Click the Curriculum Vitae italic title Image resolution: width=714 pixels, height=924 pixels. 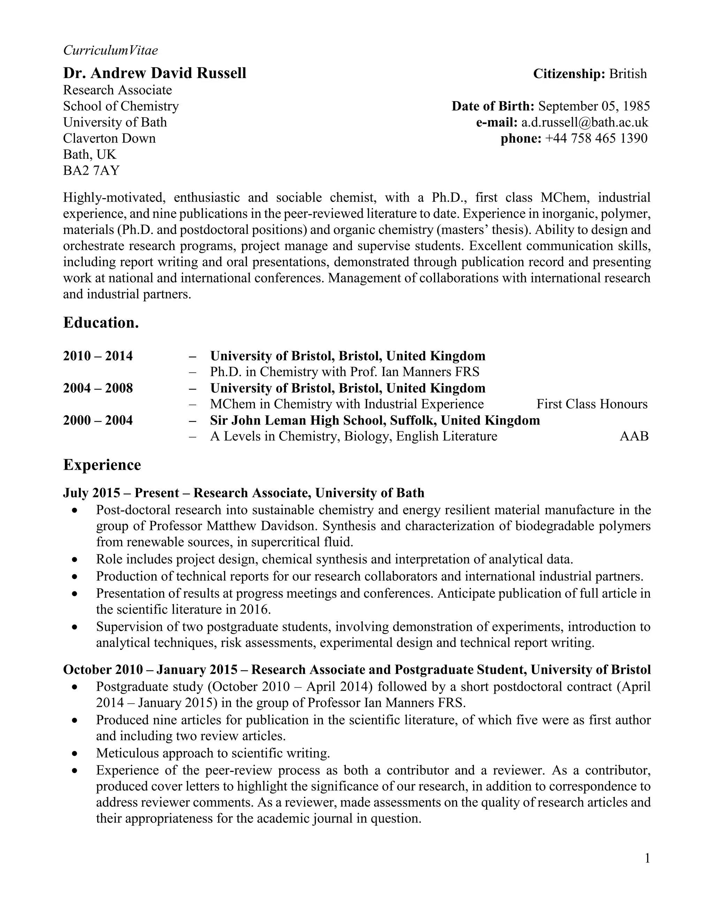tap(111, 50)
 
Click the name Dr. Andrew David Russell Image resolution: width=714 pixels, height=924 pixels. tap(154, 73)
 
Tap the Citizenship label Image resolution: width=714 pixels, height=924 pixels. tap(569, 74)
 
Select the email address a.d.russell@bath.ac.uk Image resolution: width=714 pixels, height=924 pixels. tap(584, 122)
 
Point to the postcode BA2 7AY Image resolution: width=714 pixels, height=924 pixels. tap(91, 171)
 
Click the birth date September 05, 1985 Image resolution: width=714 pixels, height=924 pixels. tap(594, 106)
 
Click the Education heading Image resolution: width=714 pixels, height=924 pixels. tap(101, 323)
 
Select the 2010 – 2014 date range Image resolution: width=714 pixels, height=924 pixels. tap(98, 356)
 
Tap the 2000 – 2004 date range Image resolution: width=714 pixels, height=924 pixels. tap(98, 420)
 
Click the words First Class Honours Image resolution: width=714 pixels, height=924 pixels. tap(592, 404)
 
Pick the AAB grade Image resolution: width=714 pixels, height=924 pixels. tap(633, 436)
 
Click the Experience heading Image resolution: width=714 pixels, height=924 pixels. tap(102, 465)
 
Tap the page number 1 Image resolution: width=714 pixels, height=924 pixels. tap(647, 858)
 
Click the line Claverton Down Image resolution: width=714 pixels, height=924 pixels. tap(109, 138)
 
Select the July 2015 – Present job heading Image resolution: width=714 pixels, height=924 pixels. tap(243, 493)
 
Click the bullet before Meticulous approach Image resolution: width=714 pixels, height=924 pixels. tap(75, 753)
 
